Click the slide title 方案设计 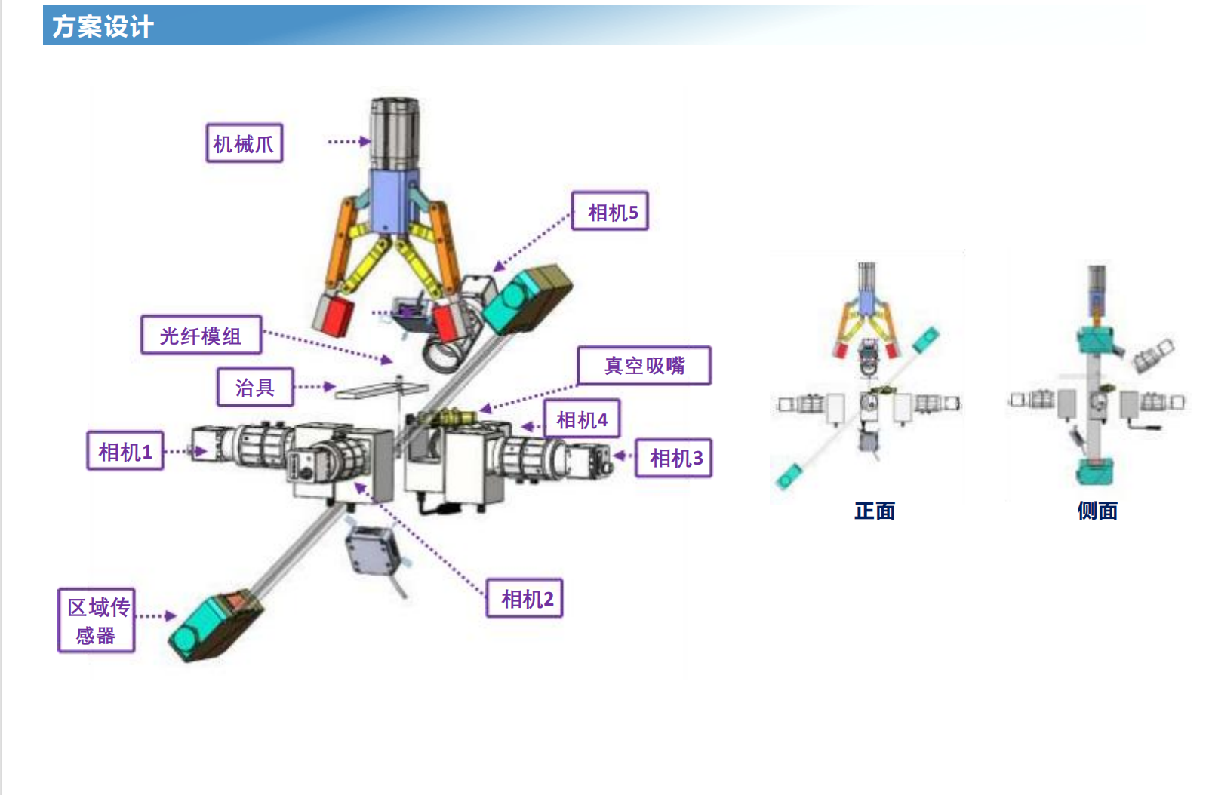click(x=103, y=26)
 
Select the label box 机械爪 click(x=245, y=143)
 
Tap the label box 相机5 click(x=610, y=211)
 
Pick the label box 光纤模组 click(x=201, y=335)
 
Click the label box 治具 click(x=256, y=387)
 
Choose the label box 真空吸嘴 click(x=644, y=366)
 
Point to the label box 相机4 click(x=582, y=419)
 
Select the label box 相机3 click(x=674, y=458)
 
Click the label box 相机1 click(x=125, y=451)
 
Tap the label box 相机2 click(x=525, y=598)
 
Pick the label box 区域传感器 click(x=97, y=621)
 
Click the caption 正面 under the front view click(x=875, y=510)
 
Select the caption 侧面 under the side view click(x=1097, y=510)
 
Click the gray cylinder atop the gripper click(x=395, y=134)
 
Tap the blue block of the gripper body click(x=394, y=201)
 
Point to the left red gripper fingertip click(x=333, y=315)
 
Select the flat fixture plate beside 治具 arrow click(x=382, y=390)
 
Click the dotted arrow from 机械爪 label click(x=349, y=141)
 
